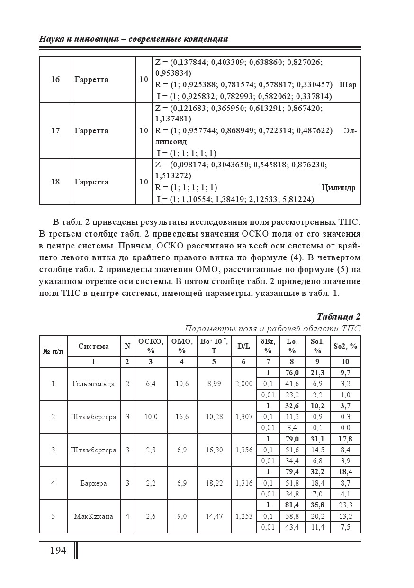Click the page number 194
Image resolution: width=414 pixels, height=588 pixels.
[58, 551]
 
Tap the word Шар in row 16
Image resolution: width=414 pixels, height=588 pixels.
[348, 85]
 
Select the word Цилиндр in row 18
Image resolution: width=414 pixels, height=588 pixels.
[338, 188]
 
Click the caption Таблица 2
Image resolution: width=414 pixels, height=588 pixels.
[338, 317]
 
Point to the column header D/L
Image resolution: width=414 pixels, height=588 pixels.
[244, 346]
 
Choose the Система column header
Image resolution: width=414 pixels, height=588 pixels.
[93, 346]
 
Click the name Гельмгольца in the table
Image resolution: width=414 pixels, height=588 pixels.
[93, 384]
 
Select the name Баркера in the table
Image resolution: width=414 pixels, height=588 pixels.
[93, 483]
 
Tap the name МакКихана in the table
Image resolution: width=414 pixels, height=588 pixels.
[93, 516]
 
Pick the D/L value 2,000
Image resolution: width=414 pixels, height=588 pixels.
[244, 384]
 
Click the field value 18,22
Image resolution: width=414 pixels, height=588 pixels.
[214, 483]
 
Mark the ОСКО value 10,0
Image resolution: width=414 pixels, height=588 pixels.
[151, 417]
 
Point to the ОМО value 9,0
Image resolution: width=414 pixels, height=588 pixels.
[182, 516]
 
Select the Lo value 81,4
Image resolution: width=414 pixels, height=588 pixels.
[292, 505]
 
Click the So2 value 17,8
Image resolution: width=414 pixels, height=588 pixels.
[345, 439]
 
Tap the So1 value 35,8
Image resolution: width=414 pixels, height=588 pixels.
[317, 505]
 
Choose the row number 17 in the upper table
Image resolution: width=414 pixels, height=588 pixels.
[55, 131]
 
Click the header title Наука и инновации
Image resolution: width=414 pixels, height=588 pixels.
[78, 39]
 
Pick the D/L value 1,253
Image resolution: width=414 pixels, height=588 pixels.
[244, 516]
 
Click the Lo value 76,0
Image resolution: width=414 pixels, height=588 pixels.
[292, 373]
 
